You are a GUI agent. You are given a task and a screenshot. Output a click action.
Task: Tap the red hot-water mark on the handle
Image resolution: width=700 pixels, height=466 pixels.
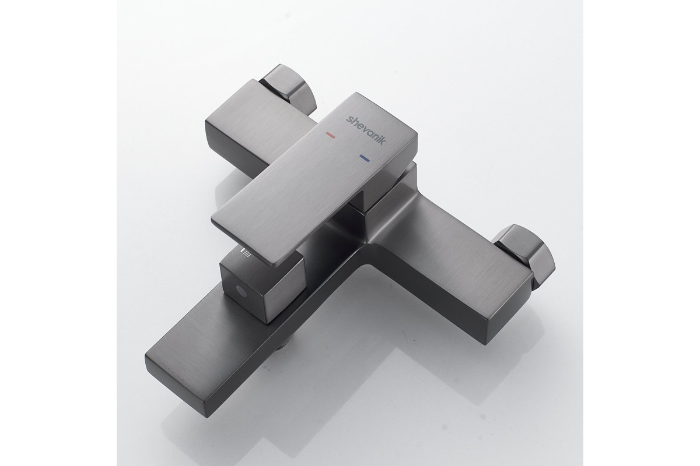coord(330,135)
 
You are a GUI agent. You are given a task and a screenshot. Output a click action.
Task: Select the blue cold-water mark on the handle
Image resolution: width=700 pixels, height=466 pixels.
coord(365,158)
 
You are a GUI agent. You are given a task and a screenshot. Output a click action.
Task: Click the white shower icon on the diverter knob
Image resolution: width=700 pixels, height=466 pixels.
coord(247,252)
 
